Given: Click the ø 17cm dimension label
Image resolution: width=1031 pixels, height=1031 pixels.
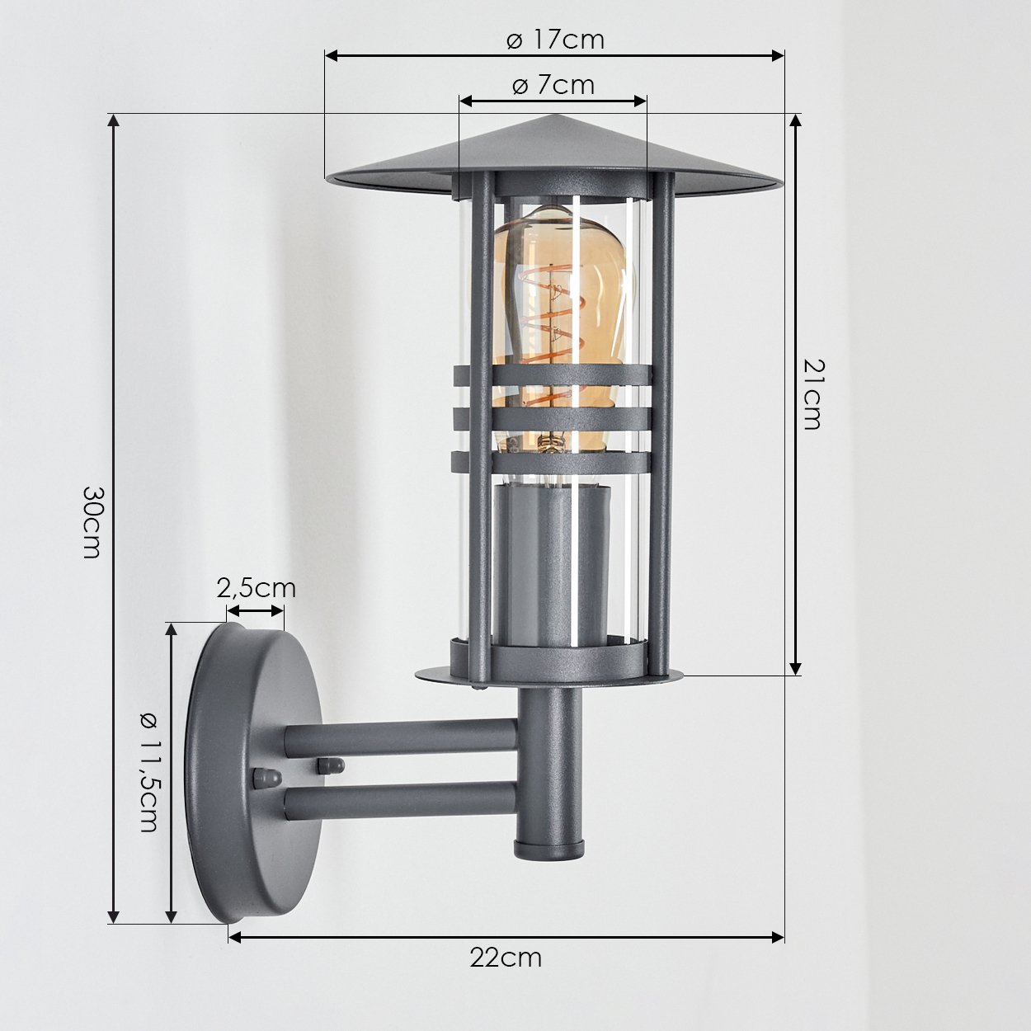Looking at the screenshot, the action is [555, 40].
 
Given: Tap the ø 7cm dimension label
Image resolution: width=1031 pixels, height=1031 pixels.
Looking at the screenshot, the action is [553, 86].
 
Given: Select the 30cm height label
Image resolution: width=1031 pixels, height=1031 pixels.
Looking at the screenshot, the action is [92, 522].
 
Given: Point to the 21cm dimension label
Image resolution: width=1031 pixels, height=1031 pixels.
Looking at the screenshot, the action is [813, 394].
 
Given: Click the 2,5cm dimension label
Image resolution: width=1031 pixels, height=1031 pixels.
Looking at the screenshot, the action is [256, 588].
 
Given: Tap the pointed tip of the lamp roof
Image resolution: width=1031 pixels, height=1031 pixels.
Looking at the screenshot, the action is [555, 115].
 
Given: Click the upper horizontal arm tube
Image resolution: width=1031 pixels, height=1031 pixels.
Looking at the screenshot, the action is [402, 737].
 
